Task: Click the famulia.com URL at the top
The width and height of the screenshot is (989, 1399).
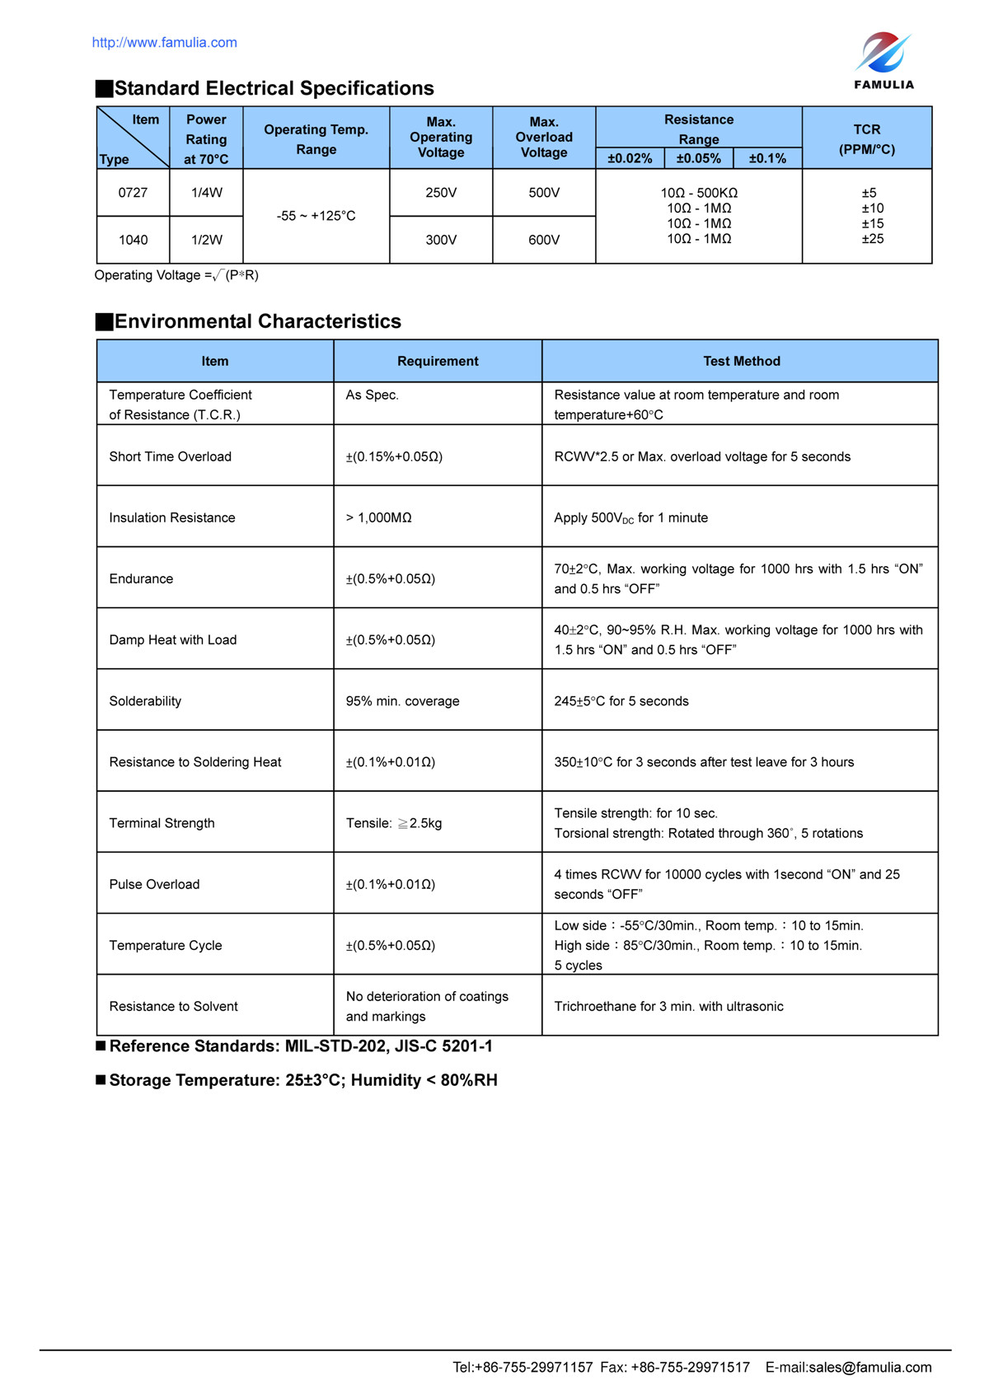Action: click(164, 43)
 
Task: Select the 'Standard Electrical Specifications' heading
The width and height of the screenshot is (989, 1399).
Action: click(274, 89)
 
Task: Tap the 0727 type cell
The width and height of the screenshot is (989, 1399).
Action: click(133, 193)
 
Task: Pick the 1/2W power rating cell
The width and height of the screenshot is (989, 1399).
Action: click(207, 240)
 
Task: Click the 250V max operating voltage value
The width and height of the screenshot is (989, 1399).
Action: click(441, 193)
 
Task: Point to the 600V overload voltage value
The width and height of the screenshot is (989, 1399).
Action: click(544, 240)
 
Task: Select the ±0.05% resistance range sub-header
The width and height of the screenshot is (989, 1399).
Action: click(698, 158)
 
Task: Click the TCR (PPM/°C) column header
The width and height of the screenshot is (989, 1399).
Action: click(866, 139)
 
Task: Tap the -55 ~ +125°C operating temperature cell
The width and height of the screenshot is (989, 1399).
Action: click(316, 216)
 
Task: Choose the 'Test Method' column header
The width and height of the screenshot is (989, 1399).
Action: click(741, 361)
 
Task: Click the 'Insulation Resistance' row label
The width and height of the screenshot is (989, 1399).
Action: click(172, 517)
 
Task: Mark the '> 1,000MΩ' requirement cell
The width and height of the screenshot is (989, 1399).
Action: click(378, 517)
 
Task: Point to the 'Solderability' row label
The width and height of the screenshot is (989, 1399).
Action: click(145, 701)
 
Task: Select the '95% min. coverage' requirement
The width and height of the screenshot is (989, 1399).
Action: click(402, 701)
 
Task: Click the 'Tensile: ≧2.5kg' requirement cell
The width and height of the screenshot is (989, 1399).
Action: click(394, 823)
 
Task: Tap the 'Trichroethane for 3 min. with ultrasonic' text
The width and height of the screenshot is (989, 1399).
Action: click(668, 1006)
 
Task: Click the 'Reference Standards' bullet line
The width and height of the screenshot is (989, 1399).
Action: click(301, 1046)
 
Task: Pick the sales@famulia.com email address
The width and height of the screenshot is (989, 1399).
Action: click(870, 1368)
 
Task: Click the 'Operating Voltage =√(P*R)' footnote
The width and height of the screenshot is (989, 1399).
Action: click(176, 275)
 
